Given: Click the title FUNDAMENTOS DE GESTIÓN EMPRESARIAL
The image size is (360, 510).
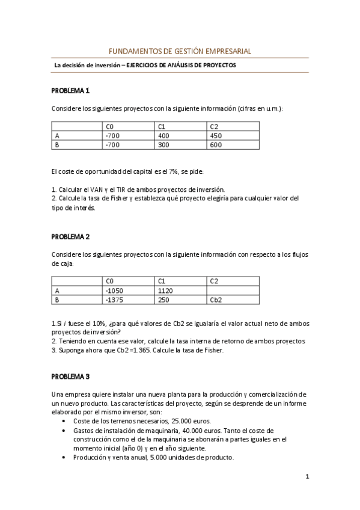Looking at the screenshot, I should pos(180,52).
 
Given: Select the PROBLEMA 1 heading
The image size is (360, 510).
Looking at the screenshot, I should pos(70,91).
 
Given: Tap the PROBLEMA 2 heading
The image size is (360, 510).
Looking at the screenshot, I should pos(70,237).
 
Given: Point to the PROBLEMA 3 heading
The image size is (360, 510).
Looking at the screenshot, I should pos(70,376).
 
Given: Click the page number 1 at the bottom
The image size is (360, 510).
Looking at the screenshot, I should pos(307,478).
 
